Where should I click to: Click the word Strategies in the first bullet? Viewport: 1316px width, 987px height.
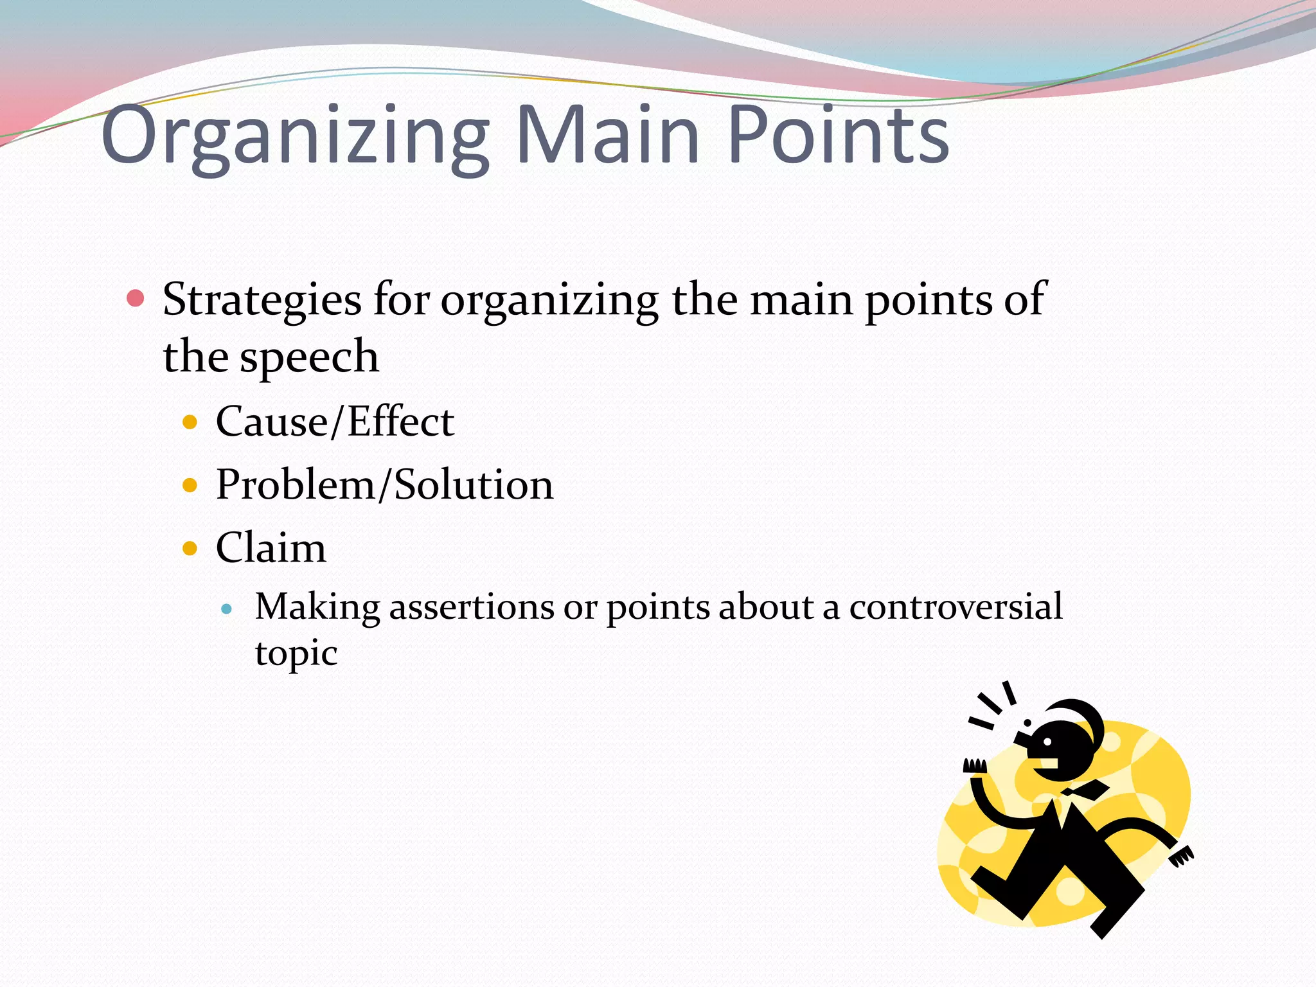[x=262, y=300]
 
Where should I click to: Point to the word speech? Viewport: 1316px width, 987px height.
[x=309, y=357]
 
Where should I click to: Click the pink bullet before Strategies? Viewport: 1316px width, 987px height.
[x=136, y=298]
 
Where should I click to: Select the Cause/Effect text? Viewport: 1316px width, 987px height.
[x=335, y=422]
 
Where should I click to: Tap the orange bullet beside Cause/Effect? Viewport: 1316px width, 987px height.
[x=190, y=422]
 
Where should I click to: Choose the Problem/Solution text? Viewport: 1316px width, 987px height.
[x=384, y=485]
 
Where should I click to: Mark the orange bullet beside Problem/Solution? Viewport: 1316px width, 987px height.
[x=190, y=485]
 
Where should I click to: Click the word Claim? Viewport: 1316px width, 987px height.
[x=271, y=548]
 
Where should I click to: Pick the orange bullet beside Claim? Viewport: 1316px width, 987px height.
[x=190, y=548]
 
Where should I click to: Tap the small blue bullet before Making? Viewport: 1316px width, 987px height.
[x=226, y=608]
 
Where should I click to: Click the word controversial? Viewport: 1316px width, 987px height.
[x=956, y=607]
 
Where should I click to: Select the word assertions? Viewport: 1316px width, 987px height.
[x=472, y=607]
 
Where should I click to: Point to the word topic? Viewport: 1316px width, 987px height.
[x=296, y=654]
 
